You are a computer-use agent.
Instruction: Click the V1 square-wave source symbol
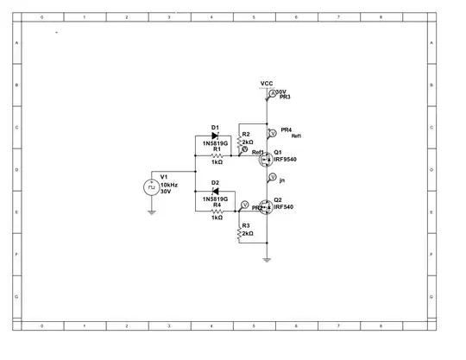[151, 186]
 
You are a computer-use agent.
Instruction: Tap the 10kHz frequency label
[169, 185]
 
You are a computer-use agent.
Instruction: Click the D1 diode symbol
[216, 136]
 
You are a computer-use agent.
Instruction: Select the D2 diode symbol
[216, 191]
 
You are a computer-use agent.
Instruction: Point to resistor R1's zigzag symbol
[217, 155]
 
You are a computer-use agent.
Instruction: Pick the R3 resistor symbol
[239, 231]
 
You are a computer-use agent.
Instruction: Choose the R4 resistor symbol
[217, 210]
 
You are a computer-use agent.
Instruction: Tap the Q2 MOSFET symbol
[266, 206]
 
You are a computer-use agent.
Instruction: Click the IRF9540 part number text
[285, 160]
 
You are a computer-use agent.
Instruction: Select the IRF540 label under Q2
[283, 207]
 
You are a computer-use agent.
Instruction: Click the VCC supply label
[267, 84]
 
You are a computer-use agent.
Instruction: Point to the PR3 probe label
[285, 98]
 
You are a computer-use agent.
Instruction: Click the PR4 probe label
[287, 129]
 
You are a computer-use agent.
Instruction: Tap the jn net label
[282, 180]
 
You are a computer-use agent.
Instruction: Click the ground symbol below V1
[151, 212]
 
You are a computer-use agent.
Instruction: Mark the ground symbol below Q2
[267, 259]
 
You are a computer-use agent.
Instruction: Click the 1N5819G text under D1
[216, 143]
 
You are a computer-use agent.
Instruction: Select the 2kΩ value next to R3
[249, 234]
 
